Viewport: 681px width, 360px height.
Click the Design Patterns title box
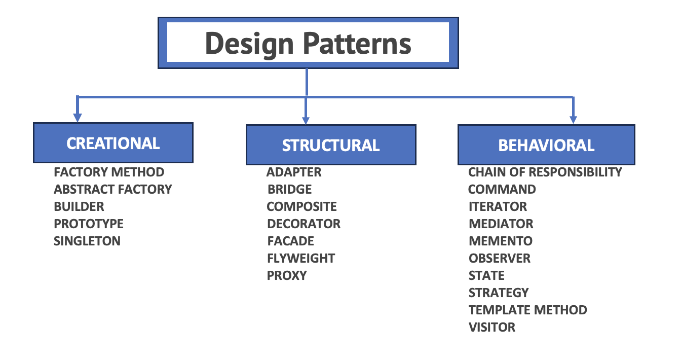tap(308, 43)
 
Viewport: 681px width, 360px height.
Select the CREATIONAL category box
tap(113, 143)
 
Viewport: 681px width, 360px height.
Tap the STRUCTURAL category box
tap(331, 145)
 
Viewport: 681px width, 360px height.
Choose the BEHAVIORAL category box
tap(546, 145)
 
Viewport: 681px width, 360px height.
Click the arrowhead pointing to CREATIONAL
tap(77, 117)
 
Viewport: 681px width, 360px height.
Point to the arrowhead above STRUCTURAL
tap(306, 120)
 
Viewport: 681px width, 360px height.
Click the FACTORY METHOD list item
tap(109, 172)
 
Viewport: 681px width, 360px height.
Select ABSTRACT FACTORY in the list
tap(113, 189)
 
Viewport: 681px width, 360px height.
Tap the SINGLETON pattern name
tap(87, 241)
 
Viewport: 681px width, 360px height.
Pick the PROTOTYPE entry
tap(89, 224)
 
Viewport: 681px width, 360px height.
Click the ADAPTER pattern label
tap(294, 172)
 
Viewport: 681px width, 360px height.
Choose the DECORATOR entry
tap(304, 224)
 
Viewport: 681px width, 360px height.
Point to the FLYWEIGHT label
tap(301, 258)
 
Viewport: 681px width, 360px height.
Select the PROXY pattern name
tap(287, 275)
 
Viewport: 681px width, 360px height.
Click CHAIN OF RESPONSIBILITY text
tap(545, 172)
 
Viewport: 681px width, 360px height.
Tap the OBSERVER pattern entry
tap(500, 258)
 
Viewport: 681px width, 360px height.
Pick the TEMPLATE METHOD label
tap(528, 310)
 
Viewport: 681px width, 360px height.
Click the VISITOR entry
tap(492, 327)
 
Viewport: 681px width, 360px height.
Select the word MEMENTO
tap(501, 241)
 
